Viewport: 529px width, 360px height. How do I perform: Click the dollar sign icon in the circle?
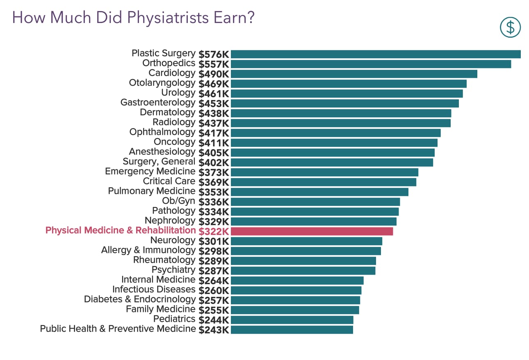click(510, 27)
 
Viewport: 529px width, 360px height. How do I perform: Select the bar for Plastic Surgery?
click(376, 55)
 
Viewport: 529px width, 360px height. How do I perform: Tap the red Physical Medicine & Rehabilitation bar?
click(312, 231)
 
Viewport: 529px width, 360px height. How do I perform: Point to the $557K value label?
click(214, 64)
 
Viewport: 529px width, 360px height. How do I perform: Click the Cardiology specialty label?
click(172, 73)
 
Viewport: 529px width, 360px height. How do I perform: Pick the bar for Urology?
click(347, 93)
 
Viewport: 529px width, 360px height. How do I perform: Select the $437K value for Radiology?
click(214, 123)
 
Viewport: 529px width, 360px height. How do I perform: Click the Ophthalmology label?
click(162, 132)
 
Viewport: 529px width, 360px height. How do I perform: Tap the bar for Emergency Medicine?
click(324, 172)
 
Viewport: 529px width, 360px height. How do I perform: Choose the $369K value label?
click(214, 182)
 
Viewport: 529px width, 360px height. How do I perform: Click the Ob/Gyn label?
click(179, 201)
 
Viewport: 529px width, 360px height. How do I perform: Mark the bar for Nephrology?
click(314, 221)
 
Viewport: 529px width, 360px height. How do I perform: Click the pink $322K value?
click(214, 231)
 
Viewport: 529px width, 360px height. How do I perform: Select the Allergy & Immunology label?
click(148, 250)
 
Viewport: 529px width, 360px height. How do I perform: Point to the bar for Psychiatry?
click(303, 271)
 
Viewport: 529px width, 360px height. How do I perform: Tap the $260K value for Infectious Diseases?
click(214, 290)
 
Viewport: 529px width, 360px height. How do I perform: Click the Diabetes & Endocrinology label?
click(140, 299)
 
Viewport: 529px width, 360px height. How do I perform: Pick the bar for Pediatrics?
click(292, 320)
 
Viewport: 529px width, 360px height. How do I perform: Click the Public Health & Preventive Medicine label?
click(118, 329)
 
